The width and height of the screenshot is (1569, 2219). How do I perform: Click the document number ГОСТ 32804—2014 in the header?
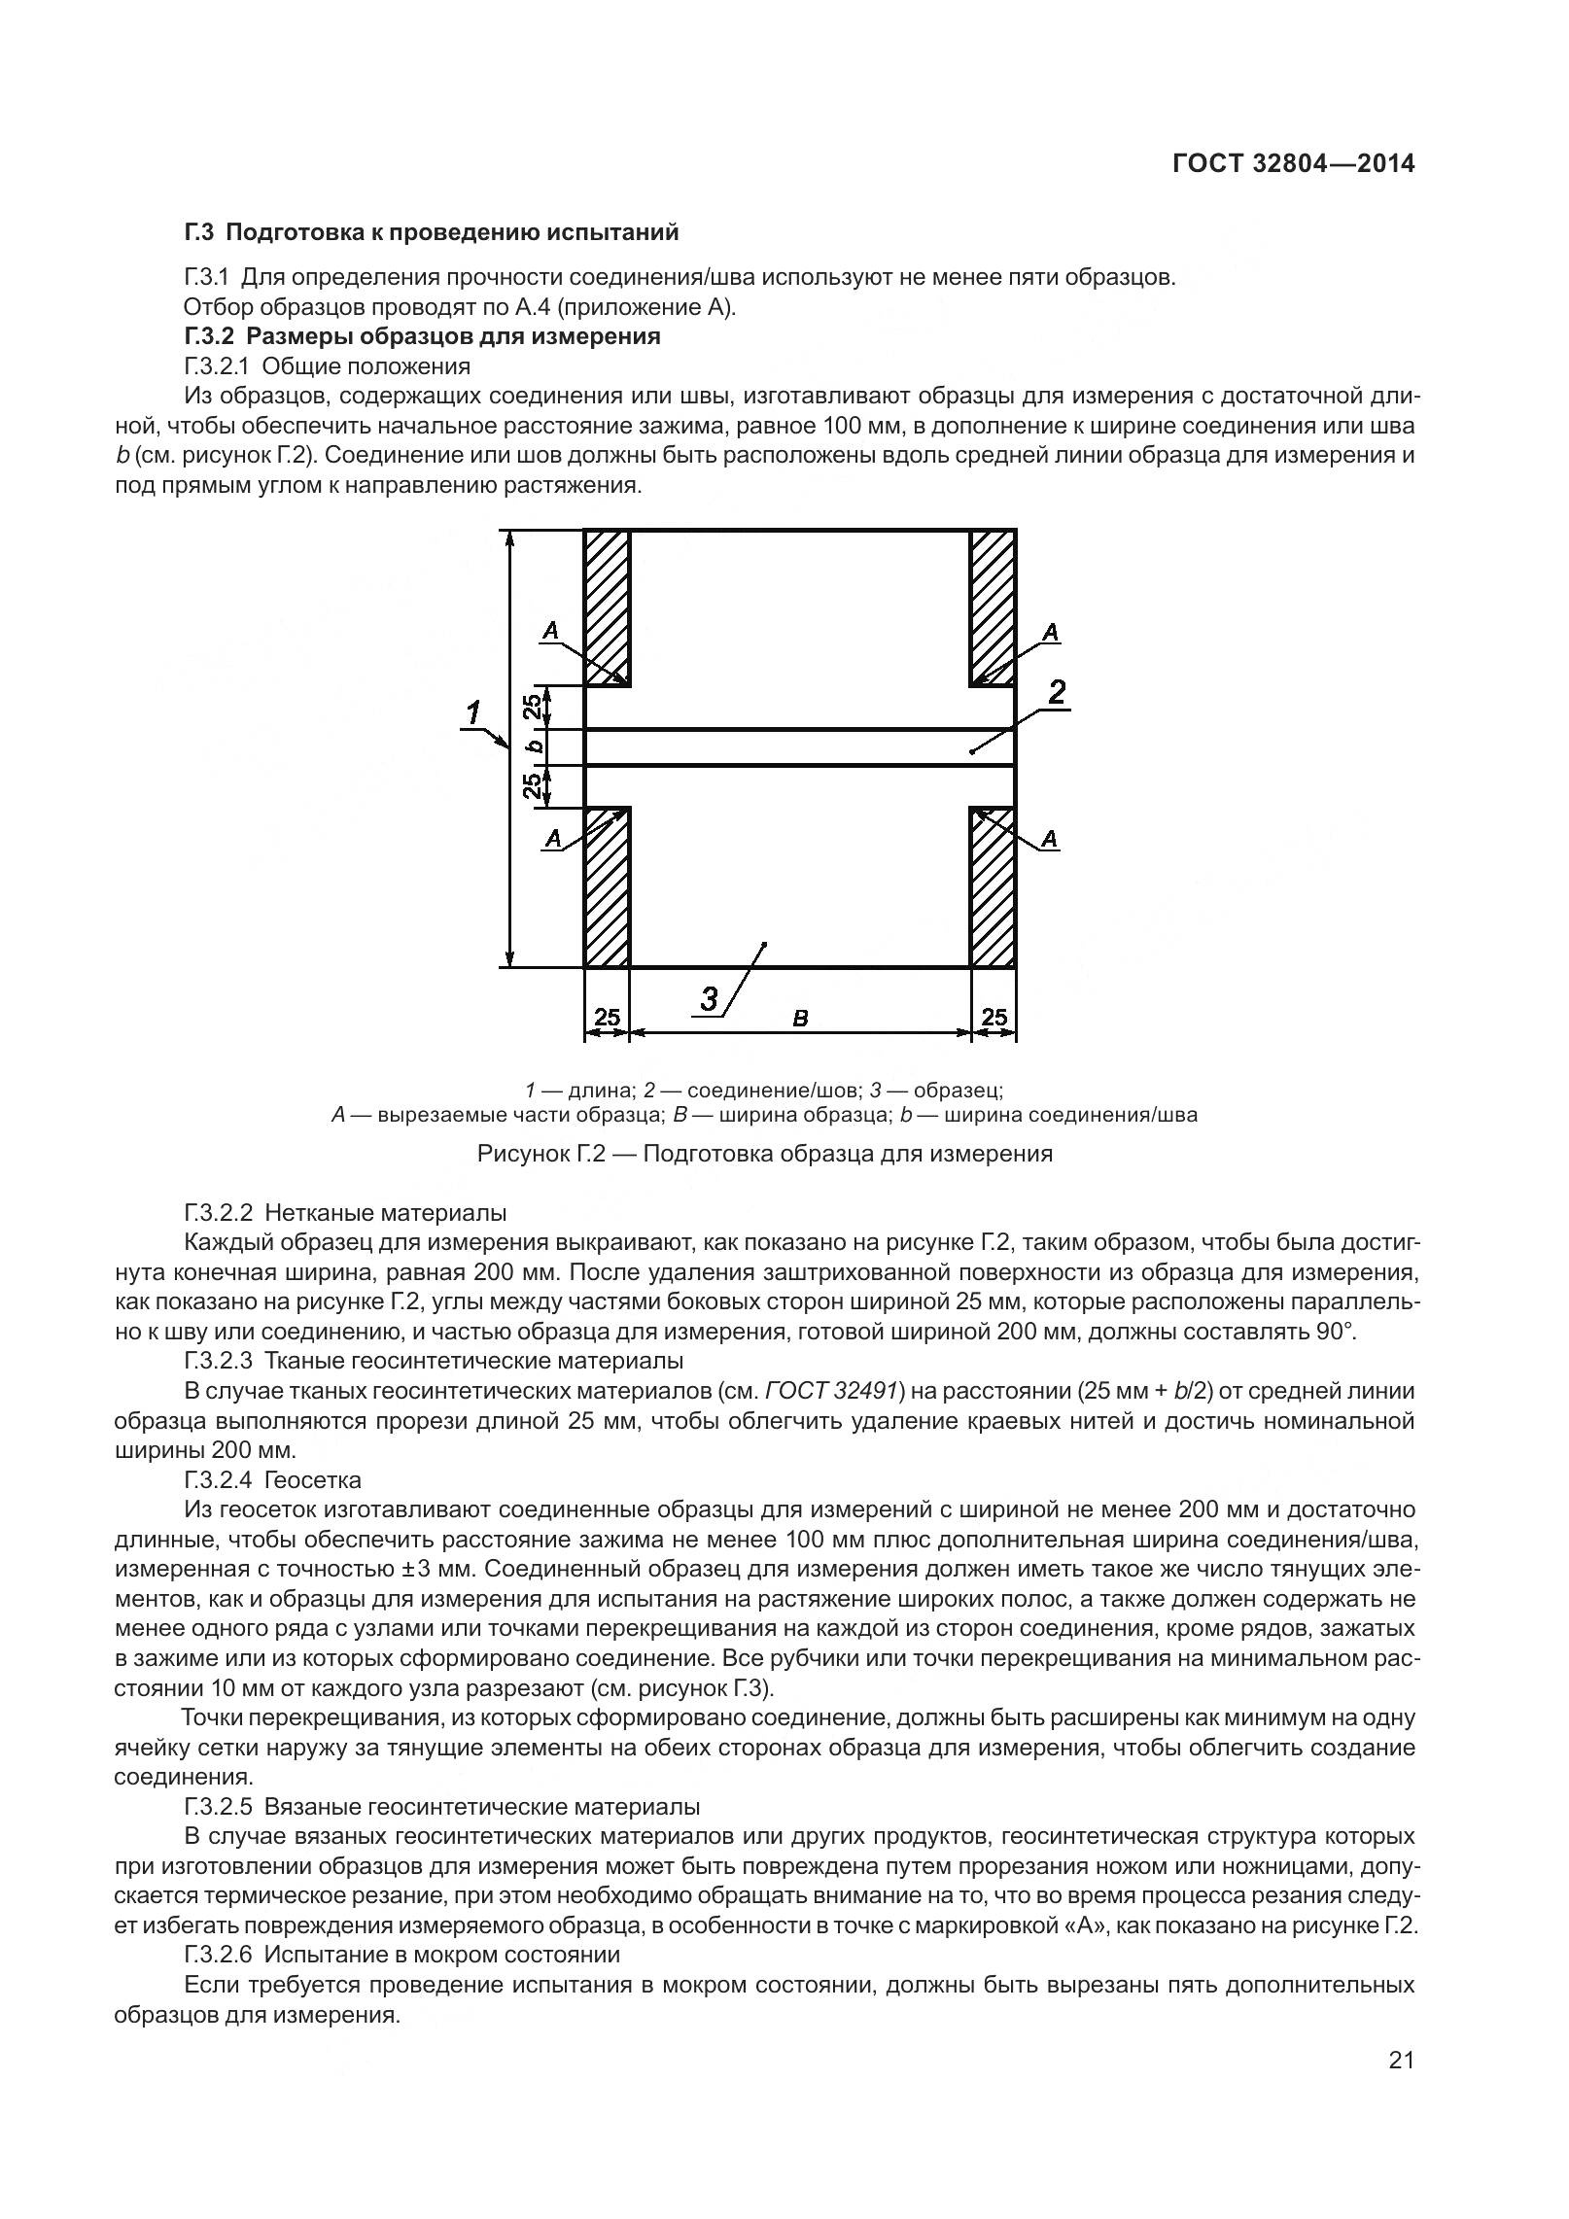click(x=1293, y=163)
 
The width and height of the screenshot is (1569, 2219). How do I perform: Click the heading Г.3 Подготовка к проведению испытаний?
click(x=431, y=232)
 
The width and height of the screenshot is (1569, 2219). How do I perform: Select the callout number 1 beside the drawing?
click(x=473, y=714)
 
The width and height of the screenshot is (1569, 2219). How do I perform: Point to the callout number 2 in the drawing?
click(x=1057, y=692)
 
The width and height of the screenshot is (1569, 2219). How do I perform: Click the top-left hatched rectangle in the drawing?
click(x=608, y=607)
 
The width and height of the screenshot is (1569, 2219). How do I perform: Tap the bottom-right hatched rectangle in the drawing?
click(x=994, y=886)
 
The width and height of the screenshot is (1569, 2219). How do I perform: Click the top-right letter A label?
click(x=1050, y=633)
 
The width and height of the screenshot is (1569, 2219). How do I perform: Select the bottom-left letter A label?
click(x=553, y=838)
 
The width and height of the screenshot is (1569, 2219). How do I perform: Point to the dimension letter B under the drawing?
click(x=800, y=1019)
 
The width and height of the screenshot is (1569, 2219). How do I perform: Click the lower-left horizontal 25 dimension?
click(x=607, y=1018)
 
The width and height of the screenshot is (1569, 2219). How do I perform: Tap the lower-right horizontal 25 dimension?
click(x=994, y=1018)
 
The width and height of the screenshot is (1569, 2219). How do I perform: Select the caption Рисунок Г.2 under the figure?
click(x=764, y=1154)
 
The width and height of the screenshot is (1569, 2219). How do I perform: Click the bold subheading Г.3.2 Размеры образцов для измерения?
click(x=422, y=336)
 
